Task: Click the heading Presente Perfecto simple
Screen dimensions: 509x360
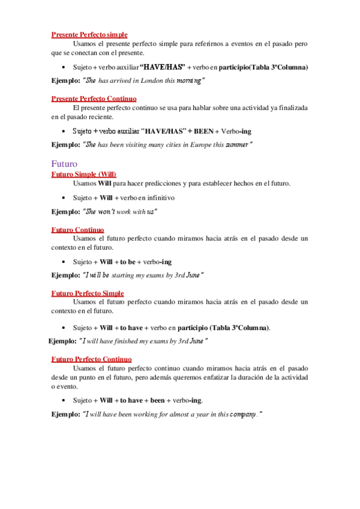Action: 89,35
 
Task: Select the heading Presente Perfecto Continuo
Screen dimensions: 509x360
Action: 94,98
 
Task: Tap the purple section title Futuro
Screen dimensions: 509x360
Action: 64,163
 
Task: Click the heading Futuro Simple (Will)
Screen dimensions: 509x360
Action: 83,174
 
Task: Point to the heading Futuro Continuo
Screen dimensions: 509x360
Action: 77,230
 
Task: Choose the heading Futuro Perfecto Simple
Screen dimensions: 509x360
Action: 88,293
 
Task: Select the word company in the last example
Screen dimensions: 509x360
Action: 244,414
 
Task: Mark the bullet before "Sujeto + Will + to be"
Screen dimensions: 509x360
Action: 64,262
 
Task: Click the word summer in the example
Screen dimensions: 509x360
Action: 239,144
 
